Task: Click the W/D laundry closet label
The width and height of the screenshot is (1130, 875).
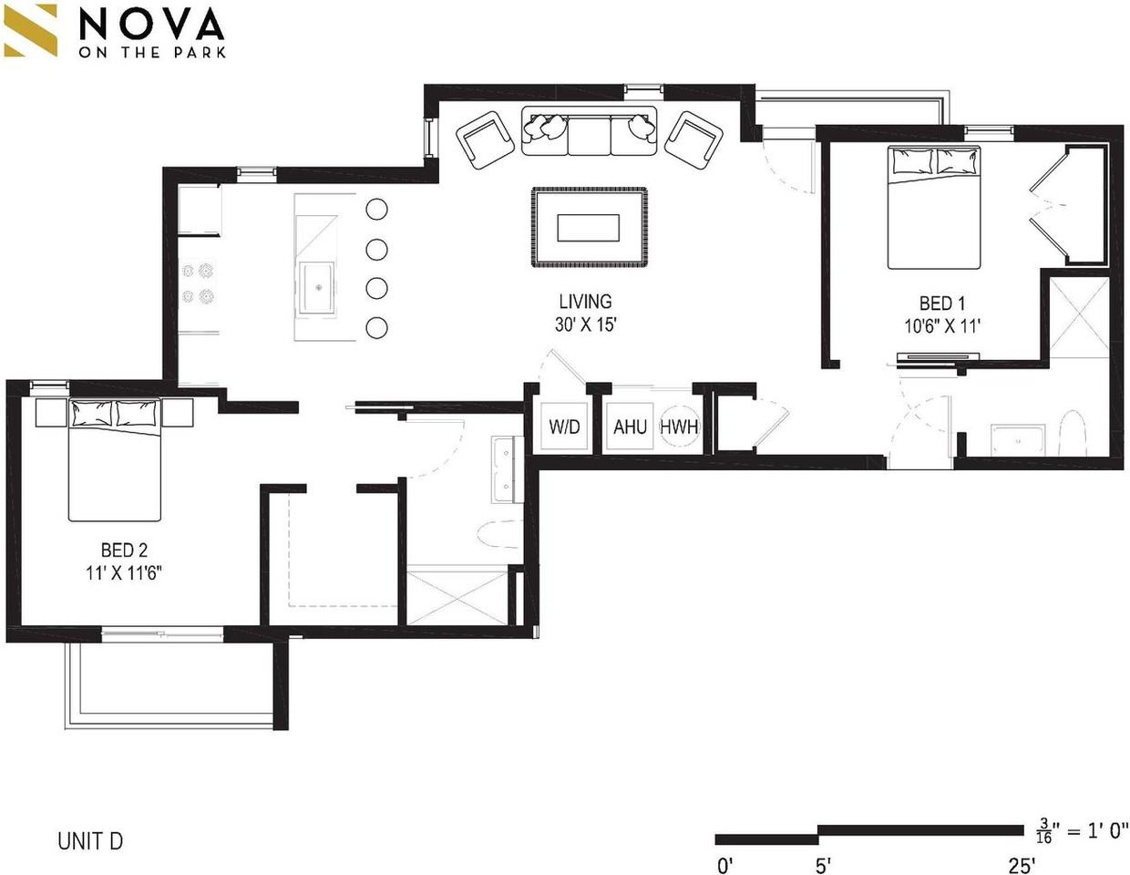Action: [x=564, y=427]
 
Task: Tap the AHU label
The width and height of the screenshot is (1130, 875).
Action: [x=631, y=427]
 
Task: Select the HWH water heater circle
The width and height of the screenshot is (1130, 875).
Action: [x=679, y=427]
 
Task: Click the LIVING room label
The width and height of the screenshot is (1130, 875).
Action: [x=586, y=302]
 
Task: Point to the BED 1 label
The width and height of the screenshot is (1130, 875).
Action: [x=942, y=304]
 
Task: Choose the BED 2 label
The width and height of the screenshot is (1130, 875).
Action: [x=124, y=550]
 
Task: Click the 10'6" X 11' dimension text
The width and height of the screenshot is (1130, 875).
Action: [x=942, y=326]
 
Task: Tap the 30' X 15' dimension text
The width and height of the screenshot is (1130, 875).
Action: [x=586, y=325]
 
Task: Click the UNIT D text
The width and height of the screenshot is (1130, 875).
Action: [x=90, y=841]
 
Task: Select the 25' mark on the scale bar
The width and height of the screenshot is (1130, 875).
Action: [x=1022, y=866]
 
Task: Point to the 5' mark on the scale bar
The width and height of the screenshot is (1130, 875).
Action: [x=823, y=866]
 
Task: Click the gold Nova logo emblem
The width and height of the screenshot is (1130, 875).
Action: [x=30, y=30]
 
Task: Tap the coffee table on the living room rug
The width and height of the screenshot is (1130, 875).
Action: [x=588, y=228]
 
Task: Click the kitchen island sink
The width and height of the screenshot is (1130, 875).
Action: [x=317, y=288]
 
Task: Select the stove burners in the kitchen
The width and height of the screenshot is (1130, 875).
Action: [x=198, y=283]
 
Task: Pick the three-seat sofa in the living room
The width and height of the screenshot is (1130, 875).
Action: [x=590, y=130]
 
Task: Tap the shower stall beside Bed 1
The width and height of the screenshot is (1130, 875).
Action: [x=1080, y=318]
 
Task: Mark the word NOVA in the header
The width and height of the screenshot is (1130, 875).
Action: [x=152, y=24]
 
